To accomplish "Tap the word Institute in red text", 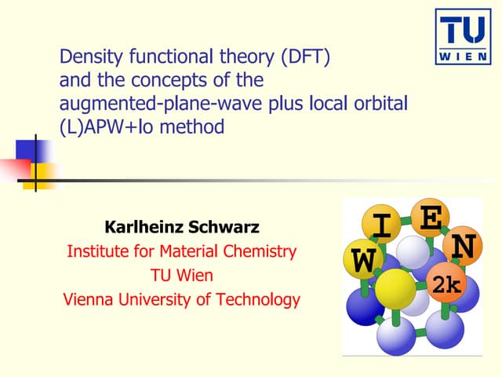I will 96,251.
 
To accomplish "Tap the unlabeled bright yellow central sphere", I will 395,290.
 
